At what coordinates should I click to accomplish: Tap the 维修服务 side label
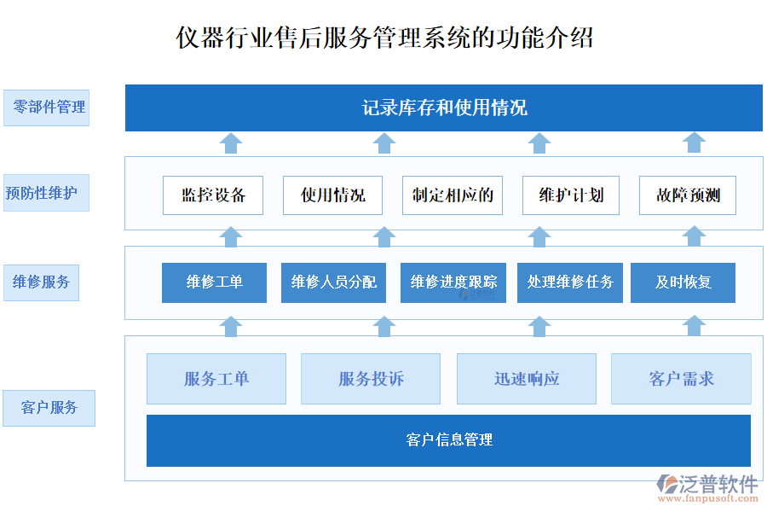tap(42, 282)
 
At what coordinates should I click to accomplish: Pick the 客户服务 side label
tap(49, 408)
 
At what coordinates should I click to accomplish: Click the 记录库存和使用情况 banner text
tap(444, 108)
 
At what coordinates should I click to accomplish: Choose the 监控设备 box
tap(213, 195)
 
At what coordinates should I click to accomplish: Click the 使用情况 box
tap(332, 195)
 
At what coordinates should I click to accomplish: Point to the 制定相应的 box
tap(453, 195)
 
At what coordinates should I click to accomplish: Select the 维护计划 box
tap(571, 195)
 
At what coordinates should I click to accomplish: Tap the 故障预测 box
tap(688, 195)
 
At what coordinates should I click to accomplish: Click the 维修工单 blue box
tap(214, 282)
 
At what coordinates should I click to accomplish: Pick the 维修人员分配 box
tap(333, 282)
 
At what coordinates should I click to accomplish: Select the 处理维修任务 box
tap(570, 282)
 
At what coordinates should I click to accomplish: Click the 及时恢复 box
tap(683, 282)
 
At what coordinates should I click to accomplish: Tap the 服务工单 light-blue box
tap(216, 379)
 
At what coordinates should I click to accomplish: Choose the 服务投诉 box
tap(371, 379)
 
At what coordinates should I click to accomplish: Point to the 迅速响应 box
tap(527, 379)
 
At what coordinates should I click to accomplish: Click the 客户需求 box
tap(681, 379)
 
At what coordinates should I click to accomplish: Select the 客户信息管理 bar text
tap(449, 440)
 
